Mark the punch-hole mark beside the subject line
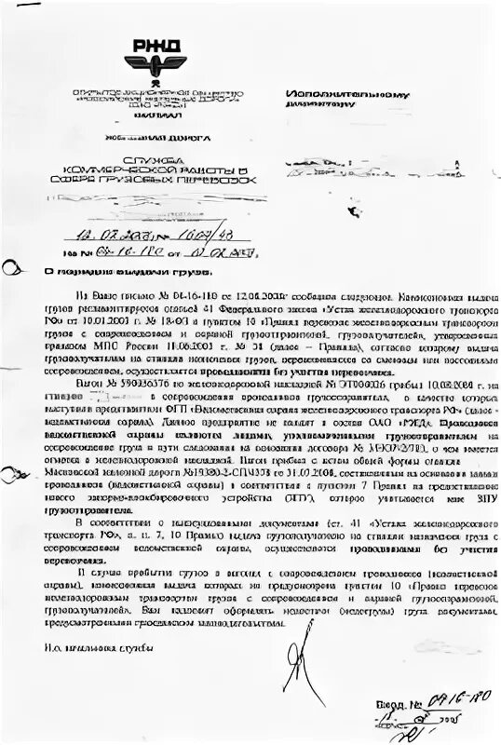pyautogui.click(x=11, y=269)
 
